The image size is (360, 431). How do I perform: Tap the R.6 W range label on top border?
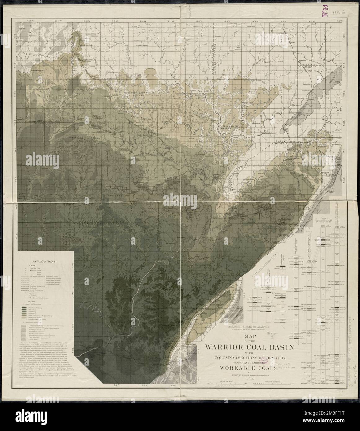click(199, 21)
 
